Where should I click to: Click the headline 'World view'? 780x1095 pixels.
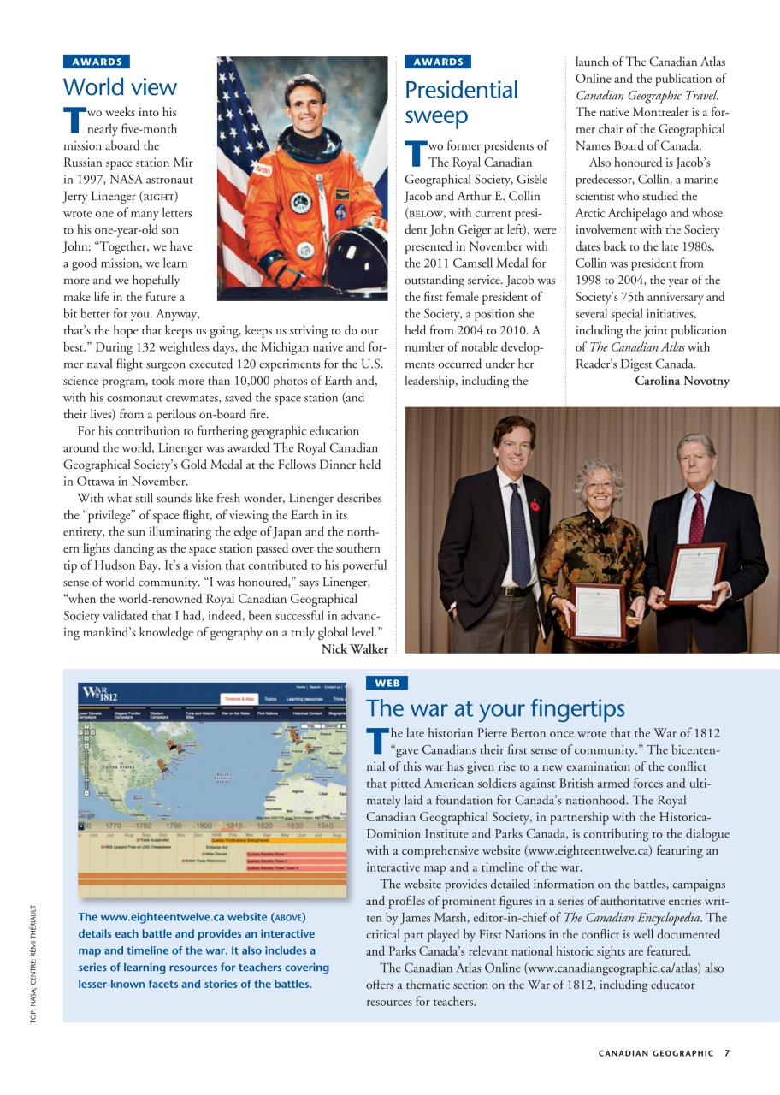[x=120, y=87]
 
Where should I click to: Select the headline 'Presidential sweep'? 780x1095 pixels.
[x=461, y=103]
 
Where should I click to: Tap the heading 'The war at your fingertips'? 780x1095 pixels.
[x=495, y=708]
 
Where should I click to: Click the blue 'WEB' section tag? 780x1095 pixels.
[x=387, y=683]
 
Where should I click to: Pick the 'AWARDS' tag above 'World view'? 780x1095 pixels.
[x=97, y=62]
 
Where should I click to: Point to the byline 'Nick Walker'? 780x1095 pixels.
[x=354, y=649]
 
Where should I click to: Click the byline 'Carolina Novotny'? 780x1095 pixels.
[x=682, y=381]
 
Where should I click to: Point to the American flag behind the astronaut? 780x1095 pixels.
[x=235, y=128]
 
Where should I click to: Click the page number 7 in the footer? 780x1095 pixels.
[x=726, y=1053]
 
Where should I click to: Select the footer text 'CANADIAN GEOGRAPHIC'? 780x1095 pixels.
[x=656, y=1053]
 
